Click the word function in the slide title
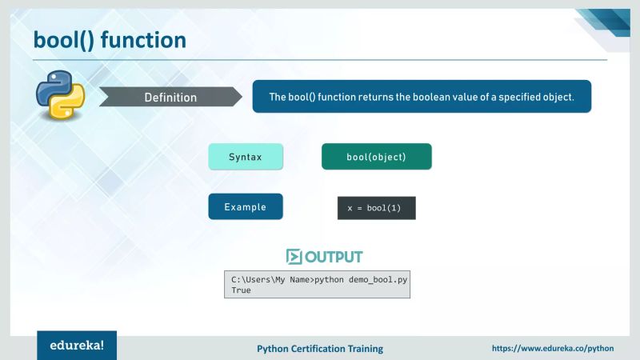coord(143,39)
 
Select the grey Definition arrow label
coord(170,98)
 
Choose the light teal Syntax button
coord(246,157)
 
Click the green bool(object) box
coord(376,157)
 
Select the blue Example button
coord(246,206)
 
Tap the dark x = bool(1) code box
coord(376,208)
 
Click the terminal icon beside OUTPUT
coord(294,257)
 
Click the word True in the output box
coord(241,290)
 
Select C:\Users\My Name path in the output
coord(270,279)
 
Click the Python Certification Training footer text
coord(319,349)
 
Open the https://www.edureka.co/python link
coord(552,349)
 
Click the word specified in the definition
coord(508,97)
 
